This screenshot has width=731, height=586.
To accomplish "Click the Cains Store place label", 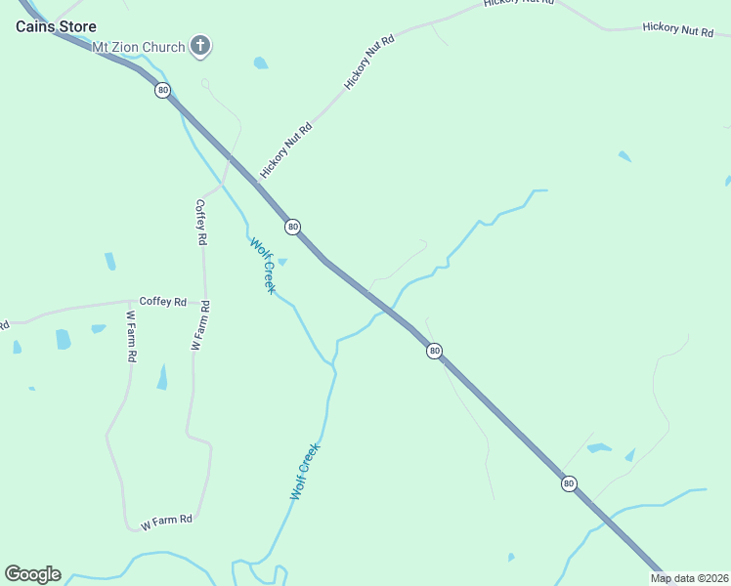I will tap(56, 26).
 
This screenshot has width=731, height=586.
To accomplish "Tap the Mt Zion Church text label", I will tap(138, 47).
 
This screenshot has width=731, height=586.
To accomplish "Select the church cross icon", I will tap(200, 45).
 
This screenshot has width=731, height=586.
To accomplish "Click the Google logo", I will tap(32, 574).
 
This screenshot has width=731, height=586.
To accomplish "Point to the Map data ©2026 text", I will tap(690, 578).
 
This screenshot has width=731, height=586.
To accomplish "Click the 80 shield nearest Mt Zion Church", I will tap(162, 90).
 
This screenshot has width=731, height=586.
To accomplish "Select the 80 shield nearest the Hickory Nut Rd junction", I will tap(292, 227).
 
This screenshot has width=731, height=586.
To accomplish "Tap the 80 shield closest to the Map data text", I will tap(569, 483).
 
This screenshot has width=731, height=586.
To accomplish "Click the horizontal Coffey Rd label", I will tap(162, 302).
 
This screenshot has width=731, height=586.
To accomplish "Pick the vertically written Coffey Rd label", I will tap(201, 223).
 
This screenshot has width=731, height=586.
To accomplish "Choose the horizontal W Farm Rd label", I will tap(166, 522).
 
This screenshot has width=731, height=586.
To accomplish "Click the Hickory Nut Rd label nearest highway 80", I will tap(285, 150).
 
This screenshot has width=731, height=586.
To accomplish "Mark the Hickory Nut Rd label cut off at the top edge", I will tap(518, 4).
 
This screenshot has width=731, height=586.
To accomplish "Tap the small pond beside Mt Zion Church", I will tap(261, 63).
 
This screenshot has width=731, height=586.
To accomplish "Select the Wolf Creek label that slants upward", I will tap(305, 472).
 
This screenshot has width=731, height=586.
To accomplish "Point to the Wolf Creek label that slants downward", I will tap(263, 266).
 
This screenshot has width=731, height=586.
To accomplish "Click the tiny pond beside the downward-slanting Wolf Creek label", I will tap(282, 262).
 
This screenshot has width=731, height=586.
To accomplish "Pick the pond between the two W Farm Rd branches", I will tap(162, 377).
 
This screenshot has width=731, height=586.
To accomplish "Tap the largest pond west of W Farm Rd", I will tap(64, 339).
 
